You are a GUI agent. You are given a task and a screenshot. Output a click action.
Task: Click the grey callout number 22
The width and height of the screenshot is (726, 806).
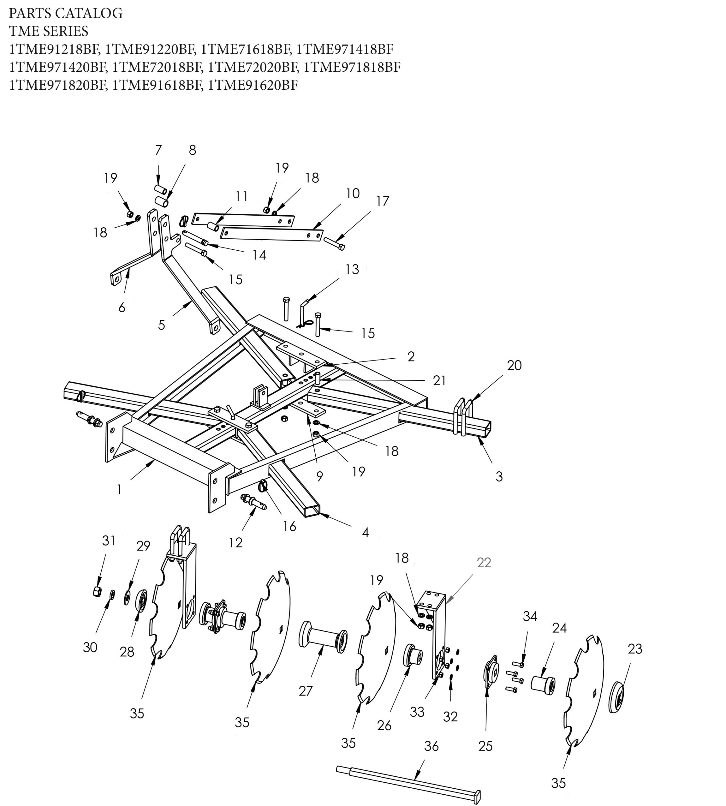click(484, 563)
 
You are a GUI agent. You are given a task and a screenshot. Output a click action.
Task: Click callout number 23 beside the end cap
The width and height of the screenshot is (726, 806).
click(635, 649)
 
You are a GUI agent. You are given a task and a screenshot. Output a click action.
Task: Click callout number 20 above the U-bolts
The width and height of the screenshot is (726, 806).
click(514, 365)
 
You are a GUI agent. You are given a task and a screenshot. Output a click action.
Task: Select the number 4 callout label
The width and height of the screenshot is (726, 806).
click(365, 532)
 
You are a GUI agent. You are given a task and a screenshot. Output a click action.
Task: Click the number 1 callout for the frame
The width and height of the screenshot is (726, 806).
click(119, 490)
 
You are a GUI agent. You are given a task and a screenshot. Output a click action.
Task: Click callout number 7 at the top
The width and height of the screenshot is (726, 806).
click(158, 150)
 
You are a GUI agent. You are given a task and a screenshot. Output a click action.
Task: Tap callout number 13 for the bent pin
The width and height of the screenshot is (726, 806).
click(352, 269)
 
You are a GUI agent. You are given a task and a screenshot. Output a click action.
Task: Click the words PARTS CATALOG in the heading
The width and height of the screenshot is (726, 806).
click(66, 14)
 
